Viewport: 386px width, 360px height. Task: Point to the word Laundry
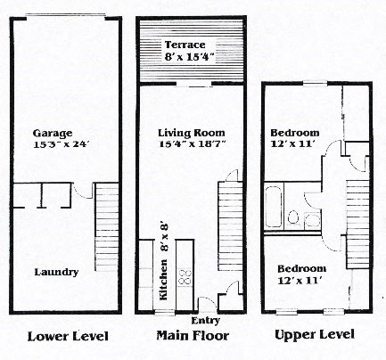56,272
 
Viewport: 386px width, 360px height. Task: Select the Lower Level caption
68,336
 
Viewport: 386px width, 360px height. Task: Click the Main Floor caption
193,336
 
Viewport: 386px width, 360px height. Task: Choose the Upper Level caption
314,335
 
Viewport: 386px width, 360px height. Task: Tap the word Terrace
185,45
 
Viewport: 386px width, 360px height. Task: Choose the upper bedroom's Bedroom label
294,134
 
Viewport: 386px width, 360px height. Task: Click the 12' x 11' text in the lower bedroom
300,281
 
